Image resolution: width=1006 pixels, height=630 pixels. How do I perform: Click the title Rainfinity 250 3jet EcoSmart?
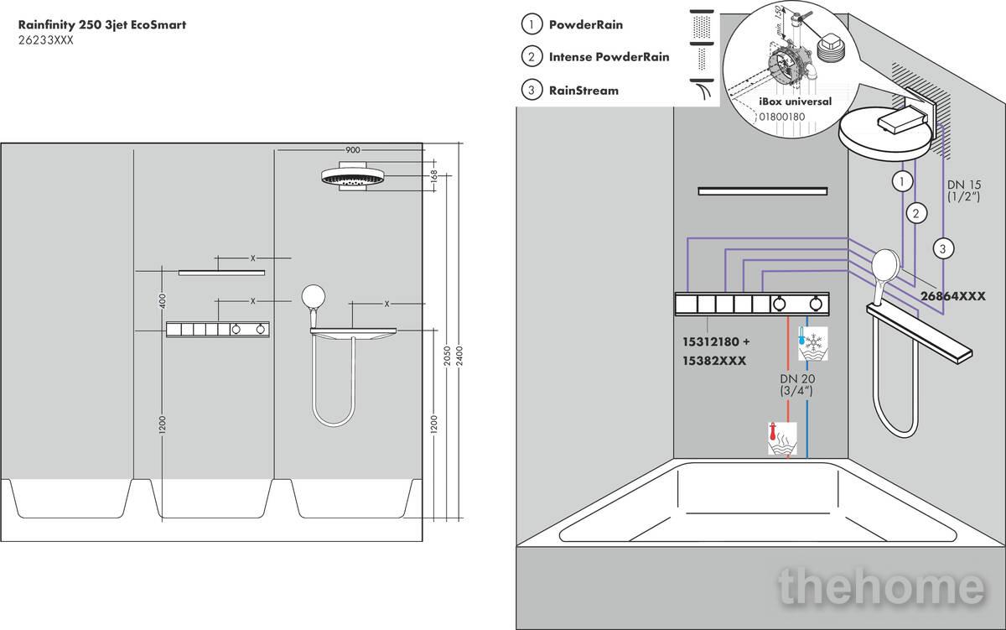102,25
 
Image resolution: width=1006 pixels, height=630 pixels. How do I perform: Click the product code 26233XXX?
46,40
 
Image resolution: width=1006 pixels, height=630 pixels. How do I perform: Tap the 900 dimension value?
352,150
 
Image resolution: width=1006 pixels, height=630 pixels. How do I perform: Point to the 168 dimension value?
434,175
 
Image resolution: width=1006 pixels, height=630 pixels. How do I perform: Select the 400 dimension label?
163,300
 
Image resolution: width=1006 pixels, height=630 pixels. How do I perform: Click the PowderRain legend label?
586,25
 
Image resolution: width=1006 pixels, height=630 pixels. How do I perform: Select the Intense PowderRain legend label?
609,57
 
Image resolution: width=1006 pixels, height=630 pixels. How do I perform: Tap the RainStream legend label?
583,90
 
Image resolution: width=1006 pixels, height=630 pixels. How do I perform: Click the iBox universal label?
795,102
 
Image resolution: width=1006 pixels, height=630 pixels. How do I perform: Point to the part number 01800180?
781,117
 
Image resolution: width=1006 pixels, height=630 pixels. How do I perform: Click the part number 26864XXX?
952,296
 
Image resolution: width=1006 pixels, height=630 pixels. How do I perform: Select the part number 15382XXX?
715,360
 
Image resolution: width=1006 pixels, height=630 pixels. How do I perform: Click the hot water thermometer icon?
782,439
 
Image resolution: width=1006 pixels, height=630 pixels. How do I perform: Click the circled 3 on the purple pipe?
943,248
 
